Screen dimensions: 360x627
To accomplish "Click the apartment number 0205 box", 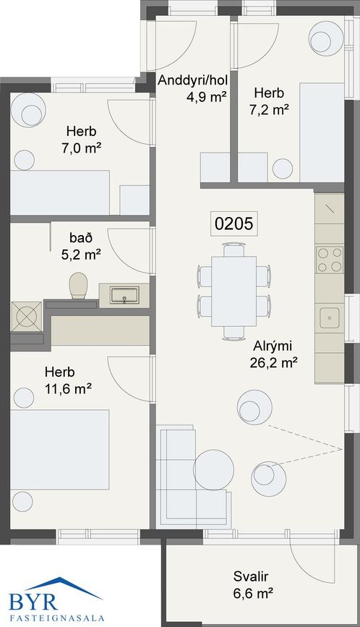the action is point(233,223).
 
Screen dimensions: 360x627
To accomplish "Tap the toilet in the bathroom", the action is point(78,286).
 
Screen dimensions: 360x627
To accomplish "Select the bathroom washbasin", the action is point(124,295).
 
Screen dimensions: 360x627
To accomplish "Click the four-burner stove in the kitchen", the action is point(330,260).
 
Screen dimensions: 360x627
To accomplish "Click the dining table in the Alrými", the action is point(233,291).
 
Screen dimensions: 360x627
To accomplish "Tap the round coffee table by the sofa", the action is point(214,470).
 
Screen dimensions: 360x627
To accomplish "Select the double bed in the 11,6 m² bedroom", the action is point(59,449).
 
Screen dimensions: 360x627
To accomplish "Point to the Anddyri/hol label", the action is point(192,80).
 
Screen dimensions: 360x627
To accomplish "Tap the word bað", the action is point(81,237).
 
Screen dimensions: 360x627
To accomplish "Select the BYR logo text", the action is point(33,602).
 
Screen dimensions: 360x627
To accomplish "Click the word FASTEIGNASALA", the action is point(56,618).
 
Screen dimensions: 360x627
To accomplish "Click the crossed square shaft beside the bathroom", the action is point(26,317).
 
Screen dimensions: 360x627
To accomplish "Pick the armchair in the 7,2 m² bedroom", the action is point(327,38).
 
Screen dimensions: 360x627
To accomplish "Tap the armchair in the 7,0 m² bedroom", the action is point(28,111).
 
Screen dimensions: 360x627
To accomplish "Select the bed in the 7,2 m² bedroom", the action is point(322,132).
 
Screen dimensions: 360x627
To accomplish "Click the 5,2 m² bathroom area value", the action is point(81,255).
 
